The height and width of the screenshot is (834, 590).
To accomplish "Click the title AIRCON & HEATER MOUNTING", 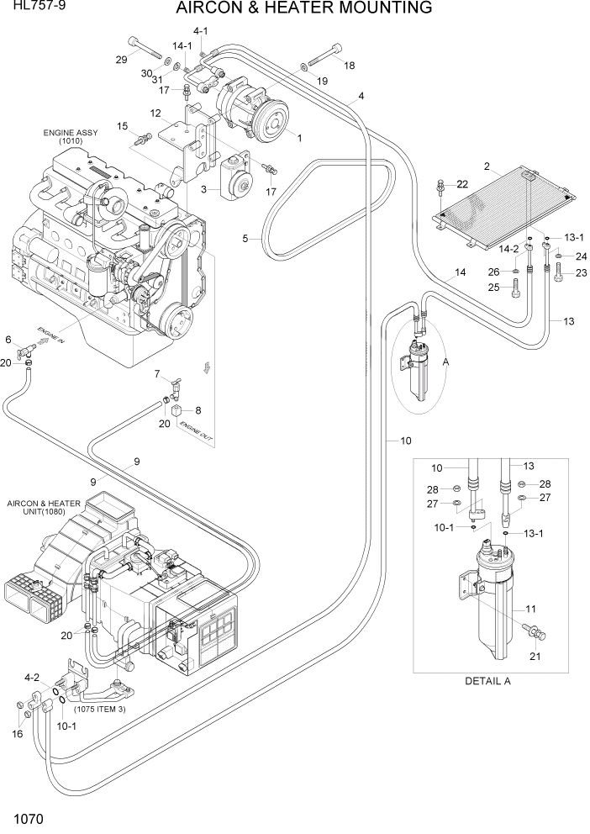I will click(304, 9).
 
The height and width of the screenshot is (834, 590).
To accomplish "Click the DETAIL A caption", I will click(488, 681).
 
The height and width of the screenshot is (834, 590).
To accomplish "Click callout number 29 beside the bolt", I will click(122, 59).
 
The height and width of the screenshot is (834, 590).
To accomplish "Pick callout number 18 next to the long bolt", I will click(349, 66).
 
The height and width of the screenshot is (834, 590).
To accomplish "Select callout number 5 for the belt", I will click(245, 239).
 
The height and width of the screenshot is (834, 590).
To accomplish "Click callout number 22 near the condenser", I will click(462, 184).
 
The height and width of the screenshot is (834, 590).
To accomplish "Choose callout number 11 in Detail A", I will click(530, 609).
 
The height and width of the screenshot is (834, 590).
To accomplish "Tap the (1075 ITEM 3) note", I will click(99, 709).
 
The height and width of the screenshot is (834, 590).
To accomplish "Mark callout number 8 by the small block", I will click(198, 410).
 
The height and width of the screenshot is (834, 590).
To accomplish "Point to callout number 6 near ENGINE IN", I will click(8, 340).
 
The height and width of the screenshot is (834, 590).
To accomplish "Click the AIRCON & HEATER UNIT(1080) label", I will click(44, 509).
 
